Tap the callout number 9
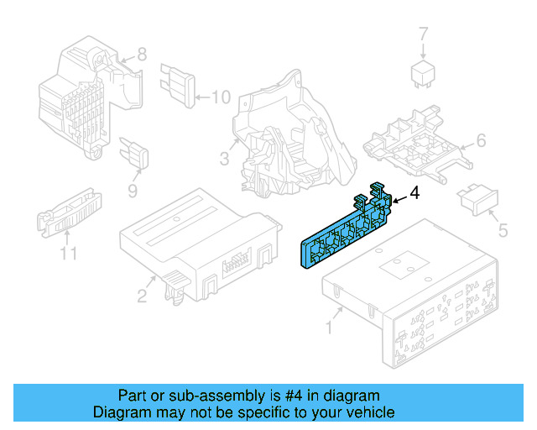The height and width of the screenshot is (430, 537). coord(133,191)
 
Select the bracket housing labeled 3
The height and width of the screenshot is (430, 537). coord(281,134)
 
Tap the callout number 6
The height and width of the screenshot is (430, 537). coord(481,140)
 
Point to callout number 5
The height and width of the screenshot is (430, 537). coord(503,229)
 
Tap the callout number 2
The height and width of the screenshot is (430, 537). coord(142,295)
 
